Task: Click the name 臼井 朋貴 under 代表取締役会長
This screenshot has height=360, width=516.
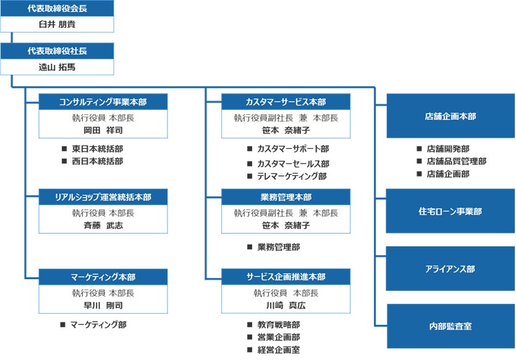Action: [x=57, y=24]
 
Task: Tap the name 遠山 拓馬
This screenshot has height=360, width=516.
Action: [x=57, y=67]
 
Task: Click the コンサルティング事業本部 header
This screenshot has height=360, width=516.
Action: [x=103, y=102]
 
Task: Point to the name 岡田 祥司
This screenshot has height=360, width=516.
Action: [x=103, y=130]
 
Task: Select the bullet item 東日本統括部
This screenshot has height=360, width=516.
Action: [x=97, y=149]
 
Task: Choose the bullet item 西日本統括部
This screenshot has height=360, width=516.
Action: [x=97, y=161]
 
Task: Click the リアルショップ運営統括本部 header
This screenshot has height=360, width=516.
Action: [x=103, y=197]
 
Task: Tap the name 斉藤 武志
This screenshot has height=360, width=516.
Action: [x=103, y=225]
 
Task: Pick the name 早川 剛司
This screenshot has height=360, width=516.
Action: [x=103, y=305]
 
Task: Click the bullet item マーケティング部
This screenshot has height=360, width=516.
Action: [x=98, y=324]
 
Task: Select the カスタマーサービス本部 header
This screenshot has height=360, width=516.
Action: [x=285, y=102]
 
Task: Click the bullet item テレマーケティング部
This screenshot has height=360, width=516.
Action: [x=292, y=176]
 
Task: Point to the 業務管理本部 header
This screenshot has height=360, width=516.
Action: [x=285, y=197]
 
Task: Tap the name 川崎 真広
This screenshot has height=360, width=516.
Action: [x=285, y=305]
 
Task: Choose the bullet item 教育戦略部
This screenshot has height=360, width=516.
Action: [x=279, y=324]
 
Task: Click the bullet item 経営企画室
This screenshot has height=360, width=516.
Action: [x=279, y=350]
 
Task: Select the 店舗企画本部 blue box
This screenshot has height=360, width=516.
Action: [x=450, y=115]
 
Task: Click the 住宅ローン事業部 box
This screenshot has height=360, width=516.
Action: [x=450, y=211]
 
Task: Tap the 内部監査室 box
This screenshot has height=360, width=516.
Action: [x=450, y=325]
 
